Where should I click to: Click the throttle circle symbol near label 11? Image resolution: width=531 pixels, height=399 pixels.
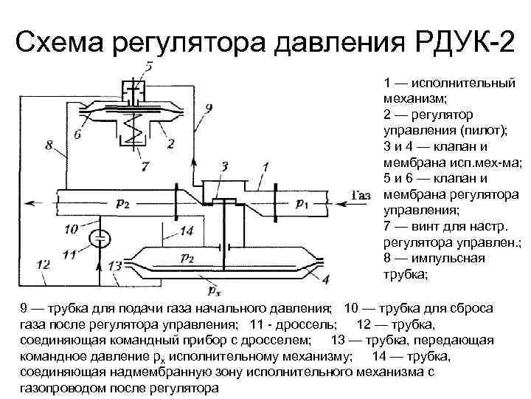pyautogui.click(x=100, y=238)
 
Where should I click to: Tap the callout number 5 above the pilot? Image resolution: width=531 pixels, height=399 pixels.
pyautogui.click(x=149, y=67)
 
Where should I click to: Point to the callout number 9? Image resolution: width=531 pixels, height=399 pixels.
pyautogui.click(x=209, y=109)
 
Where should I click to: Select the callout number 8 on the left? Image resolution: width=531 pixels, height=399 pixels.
pyautogui.click(x=49, y=146)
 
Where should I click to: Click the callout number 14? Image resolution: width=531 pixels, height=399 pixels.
pyautogui.click(x=187, y=231)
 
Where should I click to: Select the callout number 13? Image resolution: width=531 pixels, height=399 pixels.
pyautogui.click(x=114, y=265)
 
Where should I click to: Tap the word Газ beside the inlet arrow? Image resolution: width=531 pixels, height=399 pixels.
pyautogui.click(x=361, y=196)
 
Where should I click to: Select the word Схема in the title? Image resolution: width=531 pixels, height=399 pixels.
pyautogui.click(x=60, y=43)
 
